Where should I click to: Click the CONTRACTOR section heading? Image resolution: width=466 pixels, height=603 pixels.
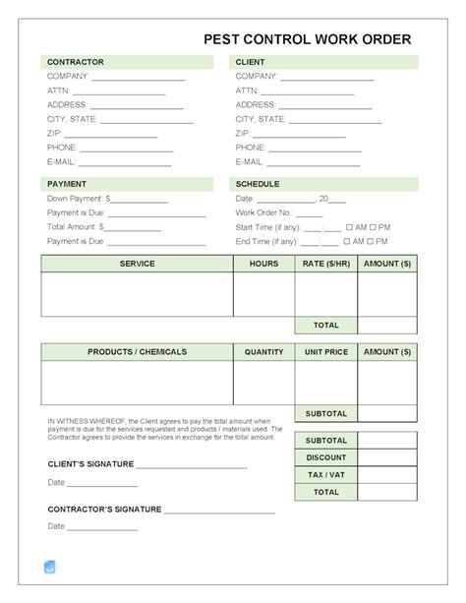pos(76,62)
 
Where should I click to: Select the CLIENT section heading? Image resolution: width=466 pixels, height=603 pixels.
pos(251,62)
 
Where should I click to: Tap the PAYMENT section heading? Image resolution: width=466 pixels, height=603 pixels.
pos(67,184)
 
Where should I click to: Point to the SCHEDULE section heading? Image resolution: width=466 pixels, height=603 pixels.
pos(258,184)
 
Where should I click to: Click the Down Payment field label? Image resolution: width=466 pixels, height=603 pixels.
pos(76,198)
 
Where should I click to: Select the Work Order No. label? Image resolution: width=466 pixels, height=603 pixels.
pos(265,211)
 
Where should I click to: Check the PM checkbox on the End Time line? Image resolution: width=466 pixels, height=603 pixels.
pos(373,240)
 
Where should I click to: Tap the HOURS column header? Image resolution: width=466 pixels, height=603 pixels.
pos(263,264)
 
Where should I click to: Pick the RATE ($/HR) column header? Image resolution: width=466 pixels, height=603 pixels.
pos(325,264)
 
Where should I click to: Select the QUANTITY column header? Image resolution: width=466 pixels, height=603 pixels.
pos(263,351)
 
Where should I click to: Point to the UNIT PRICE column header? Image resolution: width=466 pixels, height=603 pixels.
pos(325,351)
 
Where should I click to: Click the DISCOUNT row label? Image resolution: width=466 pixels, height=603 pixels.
pos(325,457)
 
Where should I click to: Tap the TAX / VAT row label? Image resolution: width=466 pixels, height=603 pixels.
pos(325,474)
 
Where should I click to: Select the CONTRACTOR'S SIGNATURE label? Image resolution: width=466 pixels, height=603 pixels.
pos(104,510)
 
